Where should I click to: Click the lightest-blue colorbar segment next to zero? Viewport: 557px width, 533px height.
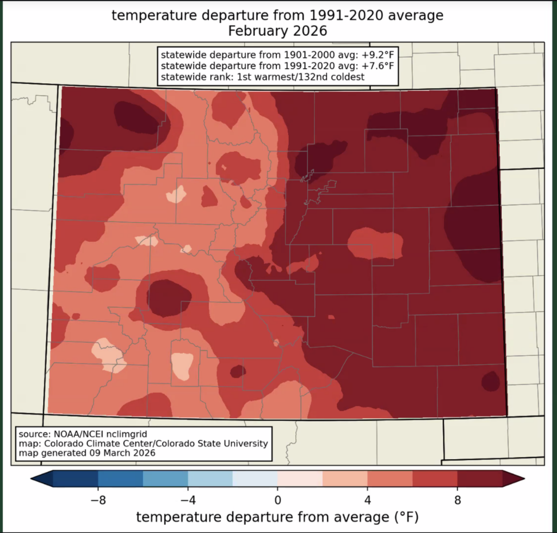tap(255, 478)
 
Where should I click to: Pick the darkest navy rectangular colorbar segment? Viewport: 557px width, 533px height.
tap(76, 478)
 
